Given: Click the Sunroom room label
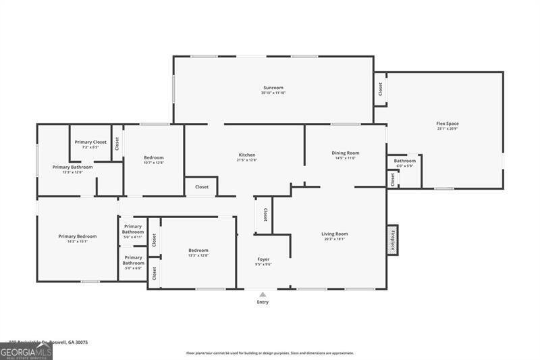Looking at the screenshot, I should tap(273, 87).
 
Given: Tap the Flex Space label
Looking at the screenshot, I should tap(448, 124).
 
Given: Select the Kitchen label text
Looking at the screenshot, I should tap(246, 155).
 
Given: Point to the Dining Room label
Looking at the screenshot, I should tap(345, 153).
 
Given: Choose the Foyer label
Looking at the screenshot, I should tap(263, 259).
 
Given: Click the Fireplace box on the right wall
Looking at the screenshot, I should tap(392, 239).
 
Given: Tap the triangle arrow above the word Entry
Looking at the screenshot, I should tap(263, 294).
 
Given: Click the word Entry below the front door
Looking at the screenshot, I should tap(263, 302).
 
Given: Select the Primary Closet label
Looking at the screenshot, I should tap(90, 142).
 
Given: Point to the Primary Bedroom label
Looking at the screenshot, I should tap(77, 236).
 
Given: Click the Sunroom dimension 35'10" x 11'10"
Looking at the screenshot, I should tap(273, 93).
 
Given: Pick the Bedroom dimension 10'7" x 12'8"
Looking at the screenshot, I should tap(154, 163).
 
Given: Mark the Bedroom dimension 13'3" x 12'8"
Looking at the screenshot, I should tap(198, 255).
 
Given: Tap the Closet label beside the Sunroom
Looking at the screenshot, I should tap(380, 88).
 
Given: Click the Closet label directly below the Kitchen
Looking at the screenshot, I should tap(202, 187).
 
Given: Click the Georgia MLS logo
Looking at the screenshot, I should tap(26, 352).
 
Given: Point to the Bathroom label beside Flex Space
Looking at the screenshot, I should tap(405, 161).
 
